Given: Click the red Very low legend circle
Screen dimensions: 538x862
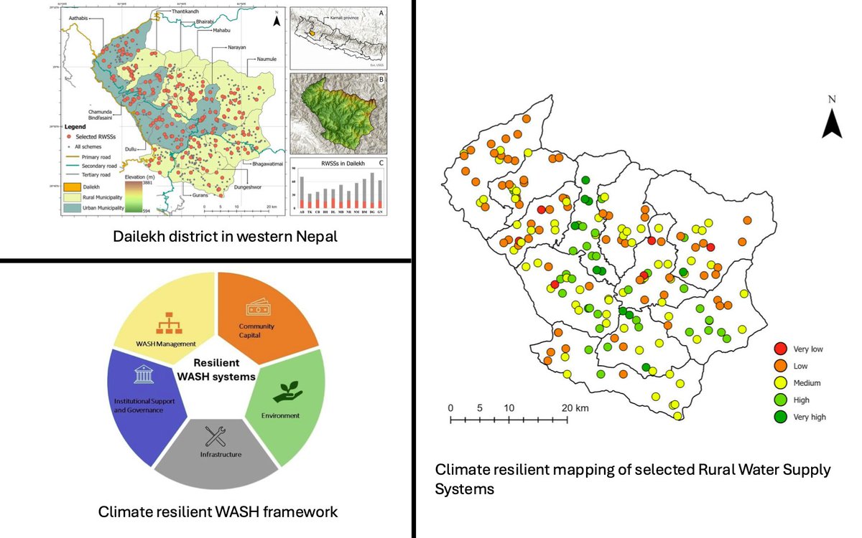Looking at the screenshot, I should point(779,349).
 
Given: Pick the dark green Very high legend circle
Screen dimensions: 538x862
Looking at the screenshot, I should point(779,417).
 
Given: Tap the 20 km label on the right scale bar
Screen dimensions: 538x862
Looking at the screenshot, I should point(576,407).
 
